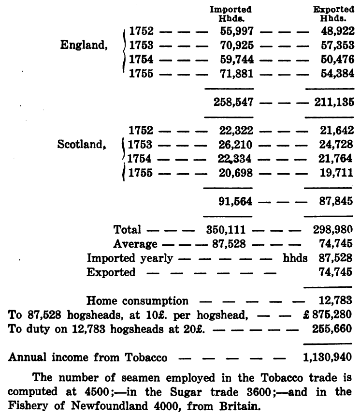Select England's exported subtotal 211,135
[331, 102]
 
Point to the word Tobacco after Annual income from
[145, 358]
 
